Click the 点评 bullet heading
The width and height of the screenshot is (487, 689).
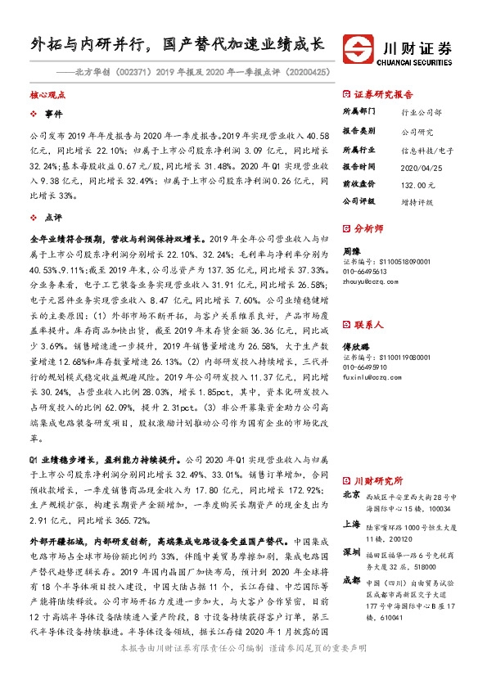53,218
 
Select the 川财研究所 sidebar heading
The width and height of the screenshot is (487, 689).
383,480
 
